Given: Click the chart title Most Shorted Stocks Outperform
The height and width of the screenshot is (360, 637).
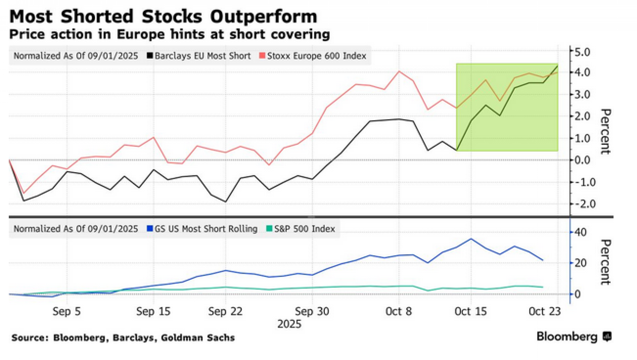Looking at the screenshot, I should pos(163,17).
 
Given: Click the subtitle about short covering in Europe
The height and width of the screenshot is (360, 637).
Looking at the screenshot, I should pos(169,34).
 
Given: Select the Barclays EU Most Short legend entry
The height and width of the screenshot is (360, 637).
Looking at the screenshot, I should pos(199,56).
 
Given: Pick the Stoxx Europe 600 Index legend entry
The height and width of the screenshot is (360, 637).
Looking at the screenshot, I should pos(313,56).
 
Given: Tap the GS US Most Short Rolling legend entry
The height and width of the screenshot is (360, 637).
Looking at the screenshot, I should pos(202,229).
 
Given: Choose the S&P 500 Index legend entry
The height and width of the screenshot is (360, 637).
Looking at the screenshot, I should pos(301,229).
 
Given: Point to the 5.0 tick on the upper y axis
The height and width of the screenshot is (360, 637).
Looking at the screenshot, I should pos(582,52).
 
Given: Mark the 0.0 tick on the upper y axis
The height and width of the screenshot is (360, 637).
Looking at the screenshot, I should pos(582,160).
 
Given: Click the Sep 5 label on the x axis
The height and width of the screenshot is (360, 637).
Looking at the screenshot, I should pos(67,311).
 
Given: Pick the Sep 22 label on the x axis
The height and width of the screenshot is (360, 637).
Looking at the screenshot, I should pos(225,311).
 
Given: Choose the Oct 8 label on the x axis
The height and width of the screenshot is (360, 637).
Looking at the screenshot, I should pos(398,311).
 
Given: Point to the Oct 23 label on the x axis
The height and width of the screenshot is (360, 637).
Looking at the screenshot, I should pos(544,311).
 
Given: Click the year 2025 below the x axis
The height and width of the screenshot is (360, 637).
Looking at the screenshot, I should pos(289,324).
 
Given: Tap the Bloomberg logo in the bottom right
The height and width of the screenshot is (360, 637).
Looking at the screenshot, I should pos(574,337).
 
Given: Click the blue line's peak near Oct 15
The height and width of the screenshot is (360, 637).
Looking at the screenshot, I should pos(471,239).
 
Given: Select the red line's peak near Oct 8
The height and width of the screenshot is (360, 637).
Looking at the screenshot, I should pos(399,71).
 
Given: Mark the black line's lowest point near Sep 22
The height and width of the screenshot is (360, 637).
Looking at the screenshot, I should pos(225,202).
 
